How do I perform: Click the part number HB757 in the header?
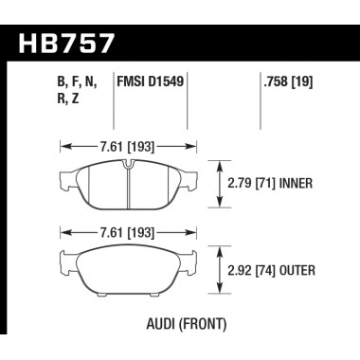tap(68, 43)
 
